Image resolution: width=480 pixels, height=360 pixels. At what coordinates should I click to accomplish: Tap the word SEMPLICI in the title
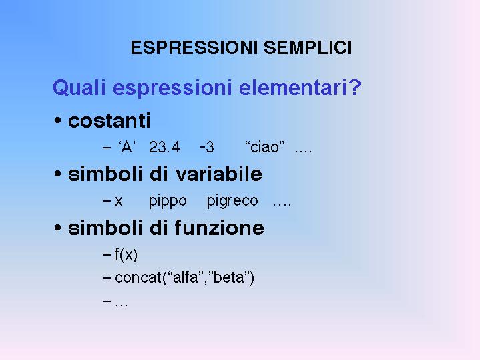pos(308,48)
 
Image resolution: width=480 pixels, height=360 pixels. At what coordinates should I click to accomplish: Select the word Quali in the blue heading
pos(79,87)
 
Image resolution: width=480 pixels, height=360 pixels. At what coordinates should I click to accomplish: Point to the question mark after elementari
pos(354,87)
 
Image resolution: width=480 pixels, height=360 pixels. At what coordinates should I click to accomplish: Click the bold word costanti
pos(109,120)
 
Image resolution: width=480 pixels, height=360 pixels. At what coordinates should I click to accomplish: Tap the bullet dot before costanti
pos(57,120)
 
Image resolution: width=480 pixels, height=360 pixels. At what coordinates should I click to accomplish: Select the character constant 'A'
pos(127,147)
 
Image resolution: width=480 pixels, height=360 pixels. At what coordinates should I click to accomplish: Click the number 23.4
pos(164,147)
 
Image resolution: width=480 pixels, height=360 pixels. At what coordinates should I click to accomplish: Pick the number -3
pos(207,147)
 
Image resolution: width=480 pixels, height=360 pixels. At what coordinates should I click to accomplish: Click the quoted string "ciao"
pos(265,147)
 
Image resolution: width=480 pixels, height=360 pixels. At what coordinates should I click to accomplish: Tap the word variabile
pos(219,174)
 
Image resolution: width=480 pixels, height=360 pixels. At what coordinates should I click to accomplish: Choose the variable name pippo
pos(168,202)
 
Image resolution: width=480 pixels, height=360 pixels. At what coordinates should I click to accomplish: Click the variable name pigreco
pos(232,202)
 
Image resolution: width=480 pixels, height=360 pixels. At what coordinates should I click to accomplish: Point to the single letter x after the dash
pos(119,202)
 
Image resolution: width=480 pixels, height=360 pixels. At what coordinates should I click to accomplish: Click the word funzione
pos(219,228)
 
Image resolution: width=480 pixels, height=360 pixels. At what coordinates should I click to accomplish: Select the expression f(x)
pos(126,255)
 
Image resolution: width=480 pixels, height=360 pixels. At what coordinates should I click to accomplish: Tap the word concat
pos(138,278)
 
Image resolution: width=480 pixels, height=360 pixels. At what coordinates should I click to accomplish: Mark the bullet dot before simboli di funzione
pos(57,228)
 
